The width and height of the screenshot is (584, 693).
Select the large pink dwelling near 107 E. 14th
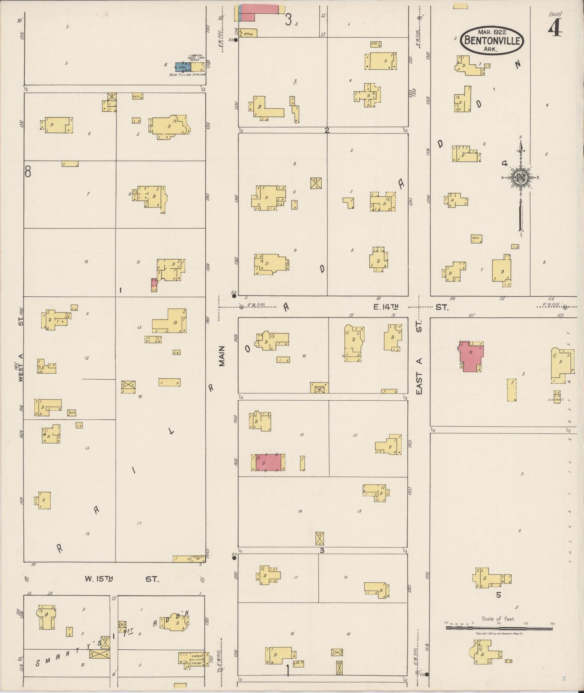[472, 356]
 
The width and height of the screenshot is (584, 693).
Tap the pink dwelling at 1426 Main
[268, 462]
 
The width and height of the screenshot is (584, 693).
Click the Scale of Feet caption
[498, 619]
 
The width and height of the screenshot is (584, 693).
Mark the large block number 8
[27, 172]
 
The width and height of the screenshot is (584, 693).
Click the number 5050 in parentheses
[555, 14]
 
